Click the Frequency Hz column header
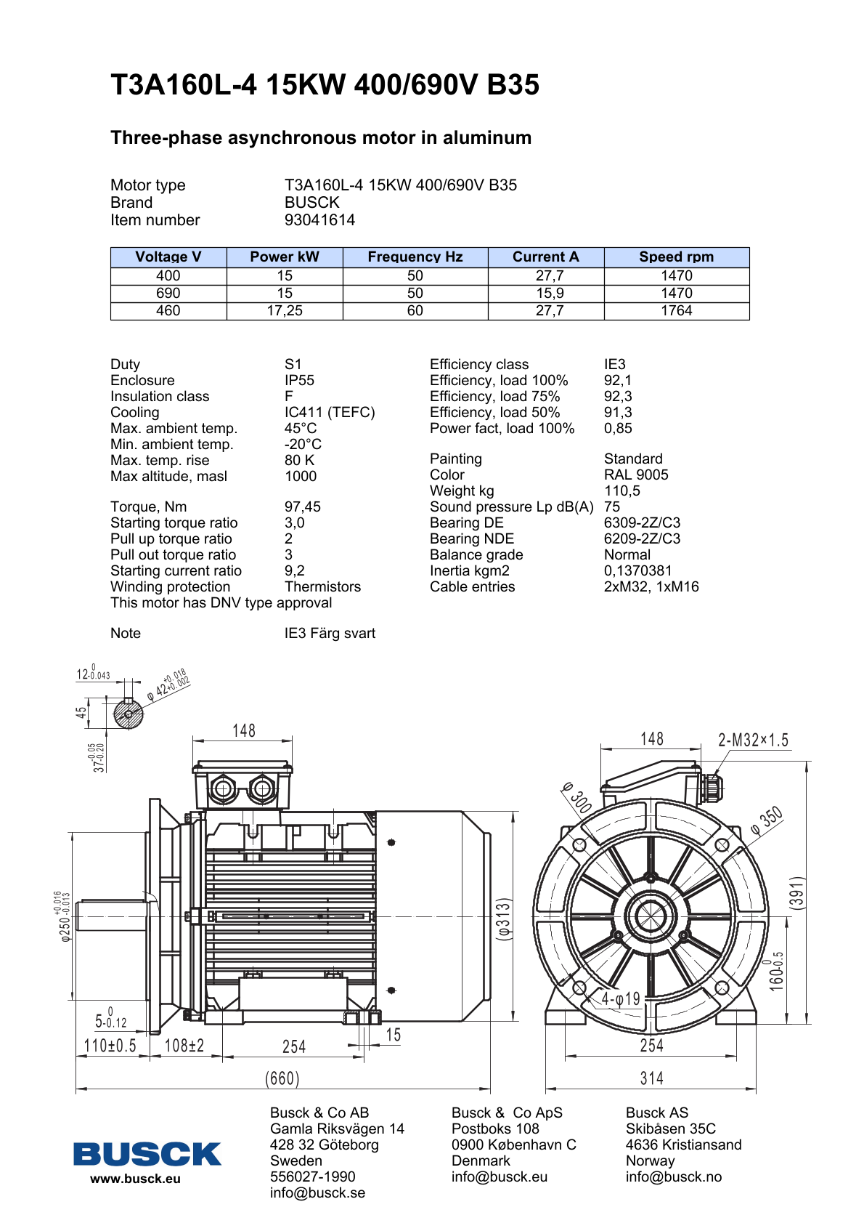pos(415,257)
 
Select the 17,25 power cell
pos(285,311)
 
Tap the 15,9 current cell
pos(550,294)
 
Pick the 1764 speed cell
pos(676,311)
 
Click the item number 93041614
pos(319,220)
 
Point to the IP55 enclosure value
pos(299,381)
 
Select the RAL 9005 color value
pos(636,475)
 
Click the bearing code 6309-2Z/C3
pos(642,523)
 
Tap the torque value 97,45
pos(302,507)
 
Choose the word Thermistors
pos(322,587)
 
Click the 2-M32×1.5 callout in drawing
pos(753,740)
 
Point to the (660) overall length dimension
pos(282,1078)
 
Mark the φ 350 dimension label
pos(767,820)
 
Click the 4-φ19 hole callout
pos(621,999)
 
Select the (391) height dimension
pos(797,892)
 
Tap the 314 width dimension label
pos(651,1078)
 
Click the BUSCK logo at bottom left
pos(147,1154)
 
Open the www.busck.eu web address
pos(135,1179)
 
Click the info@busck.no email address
pos(673,1177)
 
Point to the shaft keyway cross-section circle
pos(129,714)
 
